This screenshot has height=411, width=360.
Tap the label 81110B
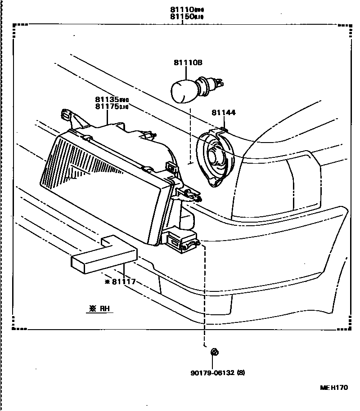coord(189,63)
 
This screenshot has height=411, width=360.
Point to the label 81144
coord(223,112)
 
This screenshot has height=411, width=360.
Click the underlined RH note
coord(100,309)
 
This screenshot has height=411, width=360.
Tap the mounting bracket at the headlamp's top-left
coord(69,116)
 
